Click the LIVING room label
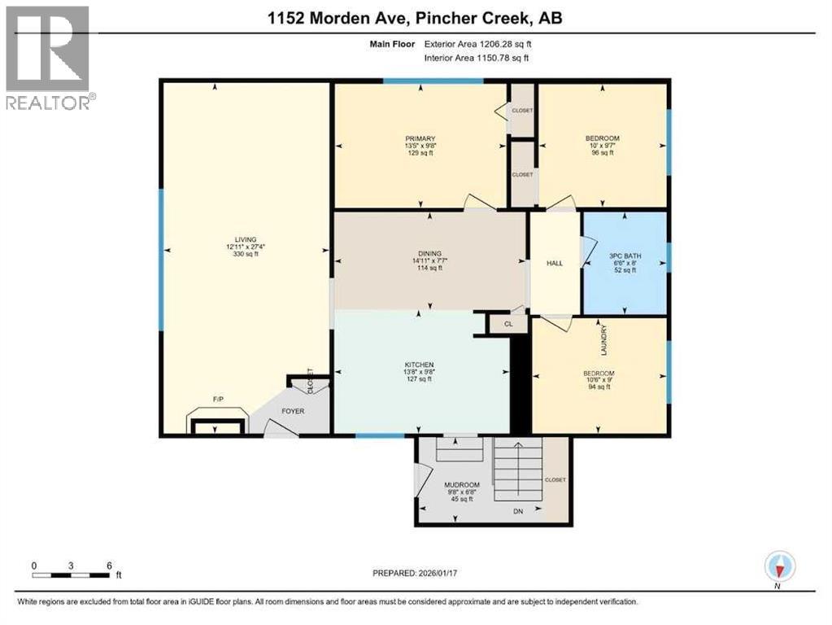(x=244, y=239)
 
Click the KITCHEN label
(x=420, y=364)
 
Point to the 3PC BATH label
(x=624, y=255)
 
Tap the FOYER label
(x=293, y=411)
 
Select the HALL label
(x=555, y=263)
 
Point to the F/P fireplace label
(x=218, y=400)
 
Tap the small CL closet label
(x=508, y=324)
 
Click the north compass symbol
(x=778, y=566)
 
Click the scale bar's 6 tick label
(x=108, y=565)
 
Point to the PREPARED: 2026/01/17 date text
(x=415, y=573)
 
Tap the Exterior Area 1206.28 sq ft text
(x=481, y=44)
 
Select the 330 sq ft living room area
(x=244, y=254)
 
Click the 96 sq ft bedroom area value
(x=603, y=152)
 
